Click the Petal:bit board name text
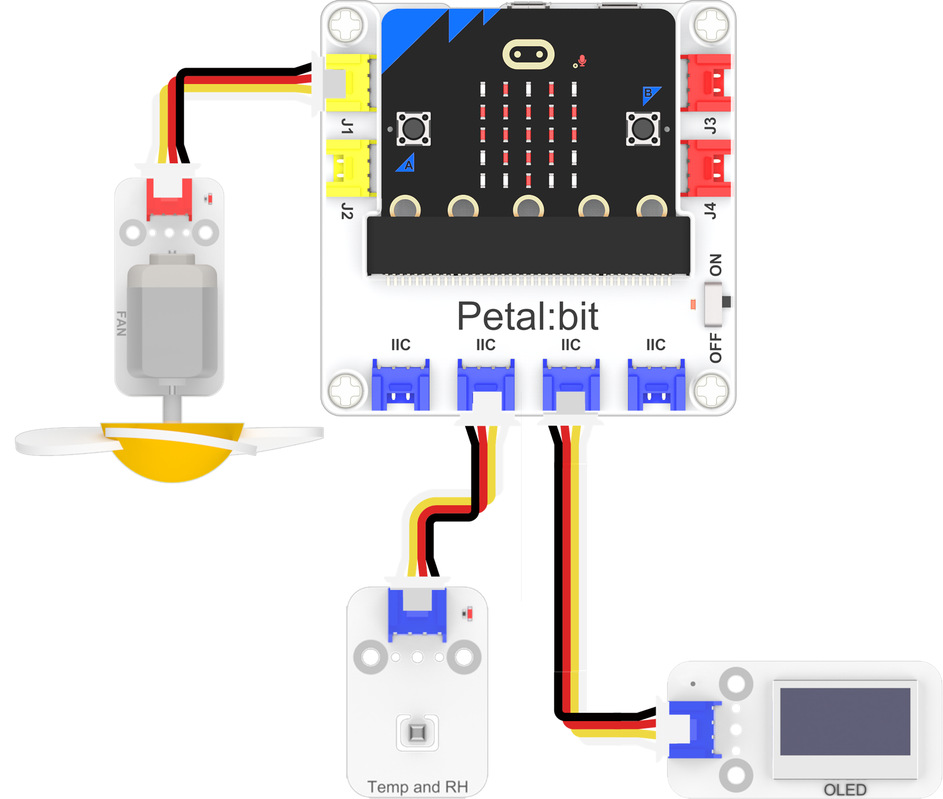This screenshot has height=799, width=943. point(527,316)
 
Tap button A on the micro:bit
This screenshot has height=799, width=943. point(414,129)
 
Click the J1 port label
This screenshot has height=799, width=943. point(347,126)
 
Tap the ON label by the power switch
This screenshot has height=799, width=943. point(715,265)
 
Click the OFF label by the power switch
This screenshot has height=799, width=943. point(715,348)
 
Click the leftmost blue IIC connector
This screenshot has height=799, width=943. point(400,385)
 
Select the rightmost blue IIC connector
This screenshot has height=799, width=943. point(656,385)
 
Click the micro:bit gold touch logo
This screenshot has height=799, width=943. point(528,55)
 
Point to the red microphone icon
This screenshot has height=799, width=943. point(582,60)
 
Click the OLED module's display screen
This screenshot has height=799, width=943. point(845,722)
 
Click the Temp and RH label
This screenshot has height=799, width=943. point(417,787)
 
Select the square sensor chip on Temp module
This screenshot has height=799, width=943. point(417,733)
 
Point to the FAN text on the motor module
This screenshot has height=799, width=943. point(121,324)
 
